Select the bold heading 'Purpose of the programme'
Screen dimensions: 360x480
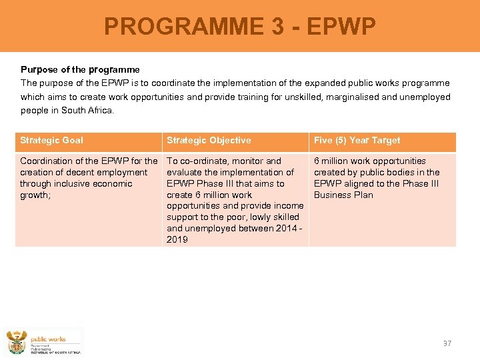[x=80, y=69]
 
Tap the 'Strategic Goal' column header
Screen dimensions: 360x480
[x=51, y=141]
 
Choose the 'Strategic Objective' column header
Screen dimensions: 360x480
[x=209, y=141]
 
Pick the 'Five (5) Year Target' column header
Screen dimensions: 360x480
[x=357, y=141]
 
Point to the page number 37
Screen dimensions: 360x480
[x=447, y=343]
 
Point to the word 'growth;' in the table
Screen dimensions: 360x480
[x=35, y=195]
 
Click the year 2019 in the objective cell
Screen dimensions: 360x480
[x=177, y=240]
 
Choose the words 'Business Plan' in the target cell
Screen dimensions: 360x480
[x=343, y=195]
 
